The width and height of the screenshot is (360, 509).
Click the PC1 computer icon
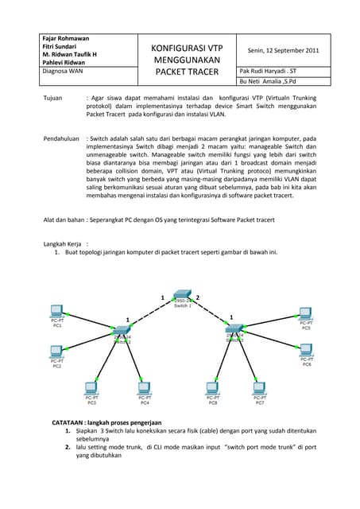[x=56, y=311]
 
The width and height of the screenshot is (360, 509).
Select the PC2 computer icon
[x=56, y=351]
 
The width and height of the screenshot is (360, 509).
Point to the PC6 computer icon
[x=306, y=349]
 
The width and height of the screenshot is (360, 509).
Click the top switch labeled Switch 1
[x=183, y=297]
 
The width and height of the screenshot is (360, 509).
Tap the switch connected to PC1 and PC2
[x=122, y=334]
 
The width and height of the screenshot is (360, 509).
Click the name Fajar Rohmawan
[x=65, y=38]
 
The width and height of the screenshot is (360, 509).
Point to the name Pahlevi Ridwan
[x=64, y=62]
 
